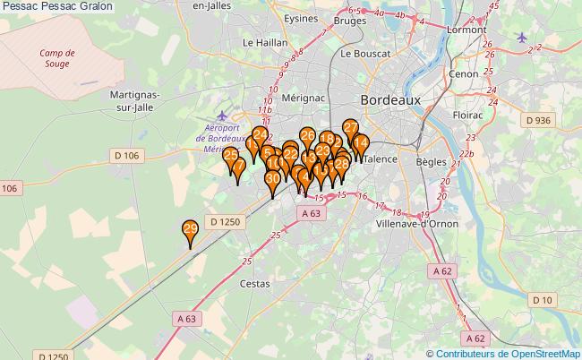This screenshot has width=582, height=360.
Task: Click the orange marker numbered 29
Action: click(x=190, y=231)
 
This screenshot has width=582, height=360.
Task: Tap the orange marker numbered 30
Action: click(x=272, y=180)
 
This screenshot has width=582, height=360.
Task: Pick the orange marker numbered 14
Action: click(x=360, y=143)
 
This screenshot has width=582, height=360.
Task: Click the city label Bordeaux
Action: click(x=389, y=101)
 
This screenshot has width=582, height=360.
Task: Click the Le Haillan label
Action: click(x=265, y=42)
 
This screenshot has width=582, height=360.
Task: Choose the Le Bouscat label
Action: click(x=365, y=54)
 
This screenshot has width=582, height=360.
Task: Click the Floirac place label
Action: click(x=468, y=116)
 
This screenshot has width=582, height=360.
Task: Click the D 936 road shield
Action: click(x=537, y=120)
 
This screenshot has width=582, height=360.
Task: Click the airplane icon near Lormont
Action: click(x=523, y=37)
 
